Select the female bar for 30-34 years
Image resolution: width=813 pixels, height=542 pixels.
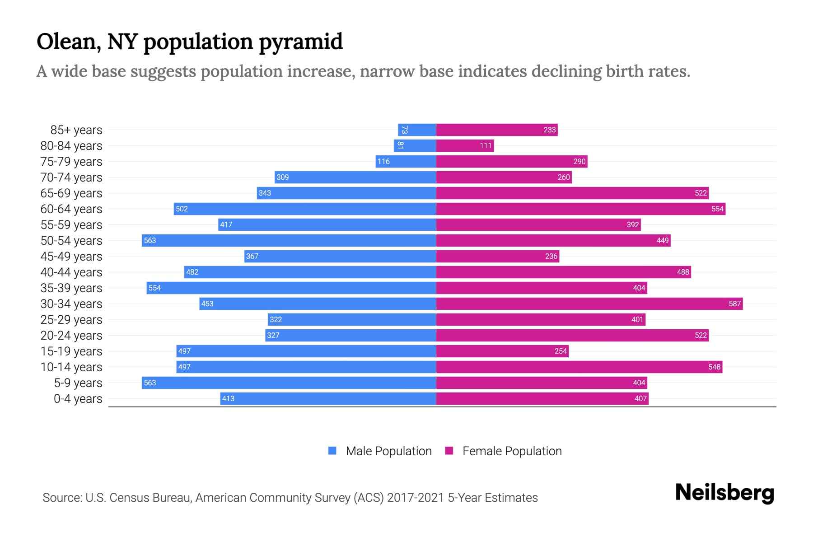click(589, 304)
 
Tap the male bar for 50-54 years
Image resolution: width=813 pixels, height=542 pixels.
click(289, 241)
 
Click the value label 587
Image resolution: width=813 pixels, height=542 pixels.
click(734, 304)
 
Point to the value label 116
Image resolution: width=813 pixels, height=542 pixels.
click(383, 162)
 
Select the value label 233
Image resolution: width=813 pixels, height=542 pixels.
click(549, 130)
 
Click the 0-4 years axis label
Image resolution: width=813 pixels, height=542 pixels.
click(78, 399)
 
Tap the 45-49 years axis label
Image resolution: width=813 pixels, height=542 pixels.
click(71, 257)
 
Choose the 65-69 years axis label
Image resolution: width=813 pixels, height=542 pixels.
click(71, 193)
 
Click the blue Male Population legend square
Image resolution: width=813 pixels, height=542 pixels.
click(332, 451)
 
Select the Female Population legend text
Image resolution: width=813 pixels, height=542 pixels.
click(512, 451)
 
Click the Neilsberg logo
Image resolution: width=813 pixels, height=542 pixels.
click(724, 493)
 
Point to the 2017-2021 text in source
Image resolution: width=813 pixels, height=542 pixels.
click(416, 498)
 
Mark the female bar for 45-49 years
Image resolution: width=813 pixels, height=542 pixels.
click(497, 257)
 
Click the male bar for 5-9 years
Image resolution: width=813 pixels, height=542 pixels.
click(289, 383)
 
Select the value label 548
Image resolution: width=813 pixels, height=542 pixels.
click(714, 367)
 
